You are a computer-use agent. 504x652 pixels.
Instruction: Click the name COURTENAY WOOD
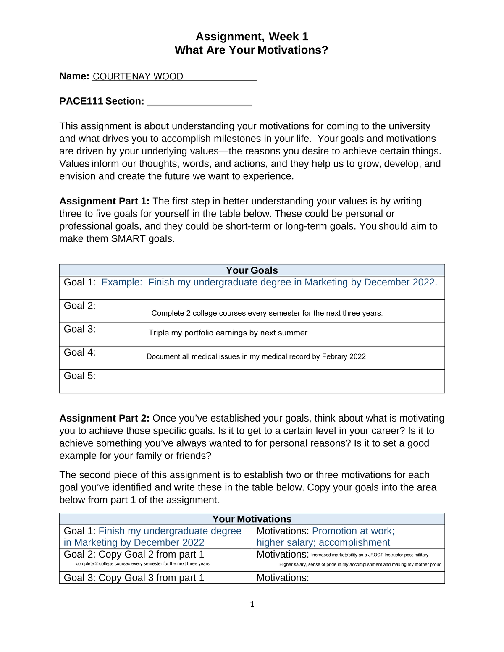(138, 76)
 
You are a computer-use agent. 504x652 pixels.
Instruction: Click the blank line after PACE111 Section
(199, 102)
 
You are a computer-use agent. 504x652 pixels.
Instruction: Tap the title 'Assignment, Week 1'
(252, 37)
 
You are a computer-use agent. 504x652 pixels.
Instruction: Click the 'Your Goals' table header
(252, 270)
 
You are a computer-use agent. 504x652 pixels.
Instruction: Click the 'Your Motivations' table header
(252, 519)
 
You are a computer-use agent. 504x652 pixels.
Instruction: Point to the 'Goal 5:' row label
(80, 376)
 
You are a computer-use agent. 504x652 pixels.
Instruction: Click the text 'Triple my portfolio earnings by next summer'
(228, 333)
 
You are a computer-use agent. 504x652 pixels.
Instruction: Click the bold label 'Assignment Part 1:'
(104, 201)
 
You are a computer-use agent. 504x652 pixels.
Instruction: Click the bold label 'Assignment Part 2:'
(104, 418)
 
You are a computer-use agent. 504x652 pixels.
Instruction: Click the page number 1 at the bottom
(252, 604)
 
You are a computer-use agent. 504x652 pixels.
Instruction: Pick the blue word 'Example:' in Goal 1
(122, 283)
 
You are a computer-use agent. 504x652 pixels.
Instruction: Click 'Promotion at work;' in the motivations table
(353, 531)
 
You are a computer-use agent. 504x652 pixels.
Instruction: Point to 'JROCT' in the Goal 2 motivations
(375, 555)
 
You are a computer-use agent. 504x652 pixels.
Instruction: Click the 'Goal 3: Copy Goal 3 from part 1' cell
(134, 578)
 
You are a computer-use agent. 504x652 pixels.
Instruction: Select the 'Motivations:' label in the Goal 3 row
(283, 578)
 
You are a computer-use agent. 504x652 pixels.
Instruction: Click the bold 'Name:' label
(74, 76)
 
